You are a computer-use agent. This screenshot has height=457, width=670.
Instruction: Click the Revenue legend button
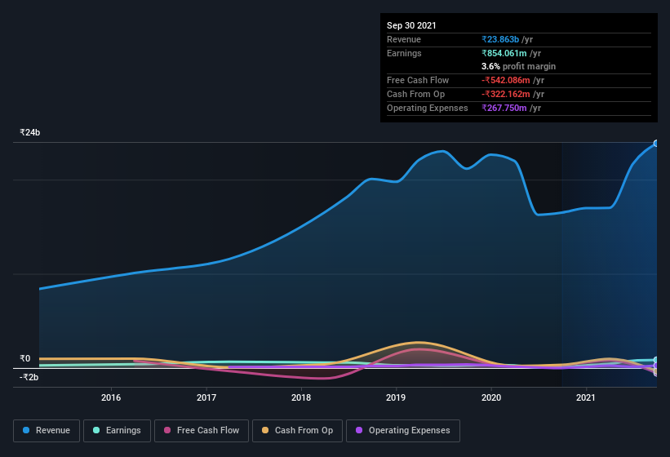pos(47,430)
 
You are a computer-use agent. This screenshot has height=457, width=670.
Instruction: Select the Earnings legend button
pos(117,430)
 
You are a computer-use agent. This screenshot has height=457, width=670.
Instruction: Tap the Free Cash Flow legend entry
pos(202,430)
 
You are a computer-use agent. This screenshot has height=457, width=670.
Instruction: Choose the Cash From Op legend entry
pos(296,430)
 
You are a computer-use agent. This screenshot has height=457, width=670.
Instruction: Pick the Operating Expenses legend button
pos(402,430)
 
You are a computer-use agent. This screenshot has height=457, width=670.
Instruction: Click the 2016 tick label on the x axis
pos(111,398)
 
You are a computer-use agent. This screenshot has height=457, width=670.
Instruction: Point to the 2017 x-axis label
pos(206,398)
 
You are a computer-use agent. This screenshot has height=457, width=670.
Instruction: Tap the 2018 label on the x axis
pos(301,398)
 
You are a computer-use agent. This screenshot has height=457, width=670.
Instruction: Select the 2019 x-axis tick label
pos(397,398)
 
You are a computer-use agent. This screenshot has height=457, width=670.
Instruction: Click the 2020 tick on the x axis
pos(491,398)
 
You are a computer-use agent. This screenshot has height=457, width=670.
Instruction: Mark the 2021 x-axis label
pos(586,398)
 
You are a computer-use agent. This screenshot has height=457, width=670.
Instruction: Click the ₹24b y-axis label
pos(30,132)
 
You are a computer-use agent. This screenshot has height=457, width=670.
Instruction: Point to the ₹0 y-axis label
pos(25,358)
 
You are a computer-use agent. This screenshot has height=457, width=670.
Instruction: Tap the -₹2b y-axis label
pos(29,377)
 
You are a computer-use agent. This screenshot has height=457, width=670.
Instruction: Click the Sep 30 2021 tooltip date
pos(411,25)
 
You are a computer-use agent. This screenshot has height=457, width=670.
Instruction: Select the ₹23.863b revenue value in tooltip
pos(507,39)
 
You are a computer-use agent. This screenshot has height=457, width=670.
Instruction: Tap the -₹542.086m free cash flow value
pos(511,80)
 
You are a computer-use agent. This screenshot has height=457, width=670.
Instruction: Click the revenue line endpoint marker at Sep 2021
pos(656,144)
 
